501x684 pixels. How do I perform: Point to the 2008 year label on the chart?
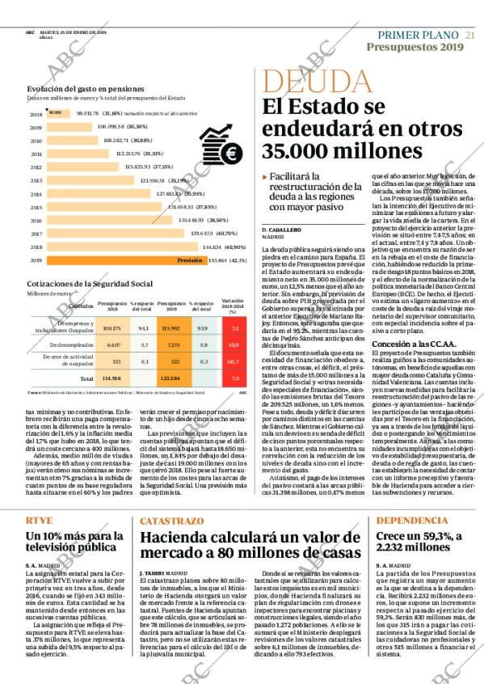coord(36,114)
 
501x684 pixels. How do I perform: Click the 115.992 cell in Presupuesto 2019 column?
coord(170,328)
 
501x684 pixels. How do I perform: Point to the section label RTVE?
coord(39,498)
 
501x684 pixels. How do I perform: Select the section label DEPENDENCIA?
coord(412,498)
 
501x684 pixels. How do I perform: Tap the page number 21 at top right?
coord(469,35)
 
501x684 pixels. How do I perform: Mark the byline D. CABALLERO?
coord(280,230)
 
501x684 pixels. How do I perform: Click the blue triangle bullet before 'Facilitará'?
coord(265,177)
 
